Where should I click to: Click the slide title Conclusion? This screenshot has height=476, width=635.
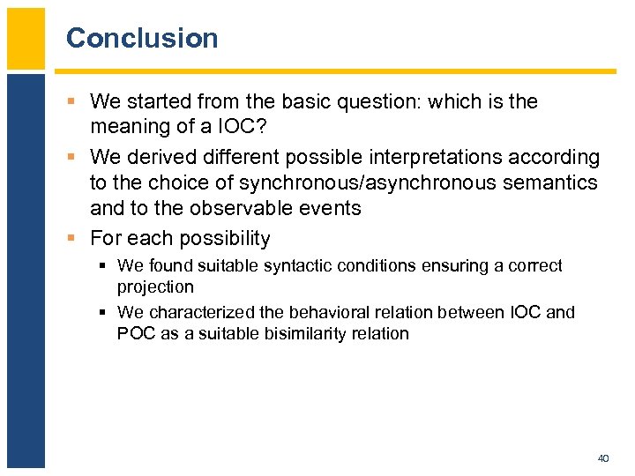click(142, 38)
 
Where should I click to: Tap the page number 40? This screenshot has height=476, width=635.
click(603, 458)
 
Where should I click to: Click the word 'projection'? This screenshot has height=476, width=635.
click(155, 287)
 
